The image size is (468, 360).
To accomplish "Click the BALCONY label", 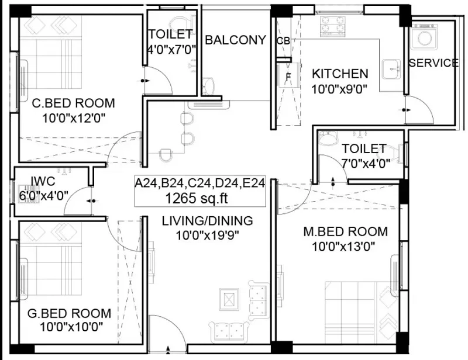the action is (235, 40).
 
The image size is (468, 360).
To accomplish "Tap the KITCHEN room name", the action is (340, 74).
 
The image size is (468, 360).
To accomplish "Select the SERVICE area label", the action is (433, 63).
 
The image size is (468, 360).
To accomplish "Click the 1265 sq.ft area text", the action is (197, 198).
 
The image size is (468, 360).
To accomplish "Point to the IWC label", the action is (43, 181).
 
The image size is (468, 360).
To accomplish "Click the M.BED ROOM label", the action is (345, 231).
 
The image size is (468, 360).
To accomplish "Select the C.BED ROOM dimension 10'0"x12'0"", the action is (74, 119).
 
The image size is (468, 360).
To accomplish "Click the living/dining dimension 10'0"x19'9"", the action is (208, 236).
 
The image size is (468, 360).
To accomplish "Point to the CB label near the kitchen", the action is (283, 41).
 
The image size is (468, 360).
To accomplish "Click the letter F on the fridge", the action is (288, 77).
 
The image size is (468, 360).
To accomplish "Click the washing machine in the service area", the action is (424, 37).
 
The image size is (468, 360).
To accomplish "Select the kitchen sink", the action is (391, 69).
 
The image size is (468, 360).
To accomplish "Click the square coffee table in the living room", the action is (229, 299).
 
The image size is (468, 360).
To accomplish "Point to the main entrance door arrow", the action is (168, 349).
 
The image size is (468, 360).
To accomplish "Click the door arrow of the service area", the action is (406, 110).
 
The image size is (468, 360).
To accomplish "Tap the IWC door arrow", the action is (91, 201).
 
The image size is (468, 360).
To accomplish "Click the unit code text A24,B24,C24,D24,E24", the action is (199, 183).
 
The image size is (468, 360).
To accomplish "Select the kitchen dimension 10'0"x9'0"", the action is (339, 89).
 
